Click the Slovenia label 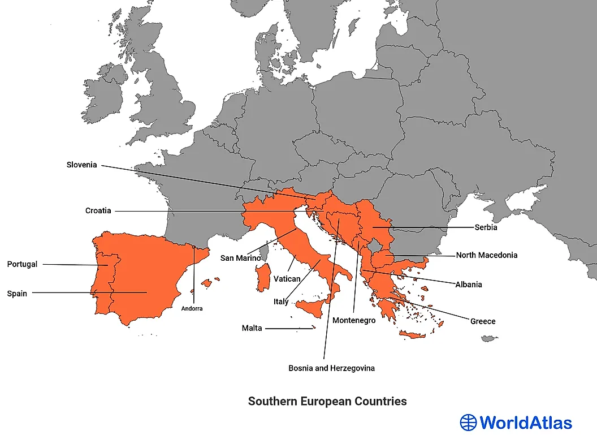(x=82, y=165)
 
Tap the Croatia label (x=98, y=211)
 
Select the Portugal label (x=22, y=264)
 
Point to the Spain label (x=17, y=294)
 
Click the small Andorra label (x=192, y=309)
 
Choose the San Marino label (x=241, y=258)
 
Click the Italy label (x=281, y=302)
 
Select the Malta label (x=252, y=328)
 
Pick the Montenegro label (x=354, y=321)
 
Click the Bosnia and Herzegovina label (x=331, y=368)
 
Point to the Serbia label (x=486, y=227)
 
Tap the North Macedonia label (x=486, y=255)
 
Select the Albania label (x=469, y=285)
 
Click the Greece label (x=483, y=321)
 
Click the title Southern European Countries (x=327, y=401)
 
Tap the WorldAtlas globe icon (x=469, y=423)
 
